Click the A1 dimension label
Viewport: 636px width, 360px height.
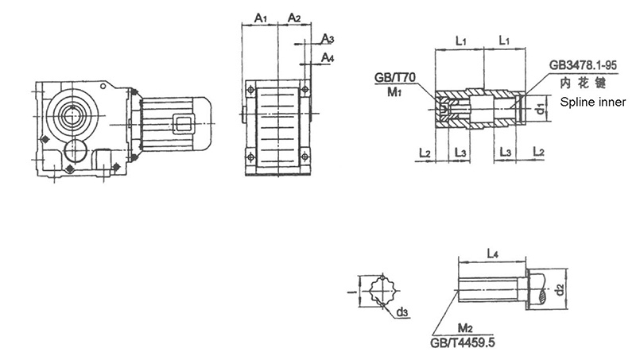coord(261,17)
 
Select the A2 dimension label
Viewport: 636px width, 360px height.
coord(294,17)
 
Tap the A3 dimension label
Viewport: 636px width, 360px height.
coord(328,39)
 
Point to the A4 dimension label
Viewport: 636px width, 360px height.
coord(328,58)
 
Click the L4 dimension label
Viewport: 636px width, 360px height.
coord(492,254)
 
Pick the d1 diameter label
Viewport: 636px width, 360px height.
coord(539,108)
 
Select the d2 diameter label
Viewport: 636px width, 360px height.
coord(560,289)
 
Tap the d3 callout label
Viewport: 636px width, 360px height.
coord(402,312)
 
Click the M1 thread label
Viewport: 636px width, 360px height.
coord(394,92)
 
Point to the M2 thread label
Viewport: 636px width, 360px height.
coord(465,327)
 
